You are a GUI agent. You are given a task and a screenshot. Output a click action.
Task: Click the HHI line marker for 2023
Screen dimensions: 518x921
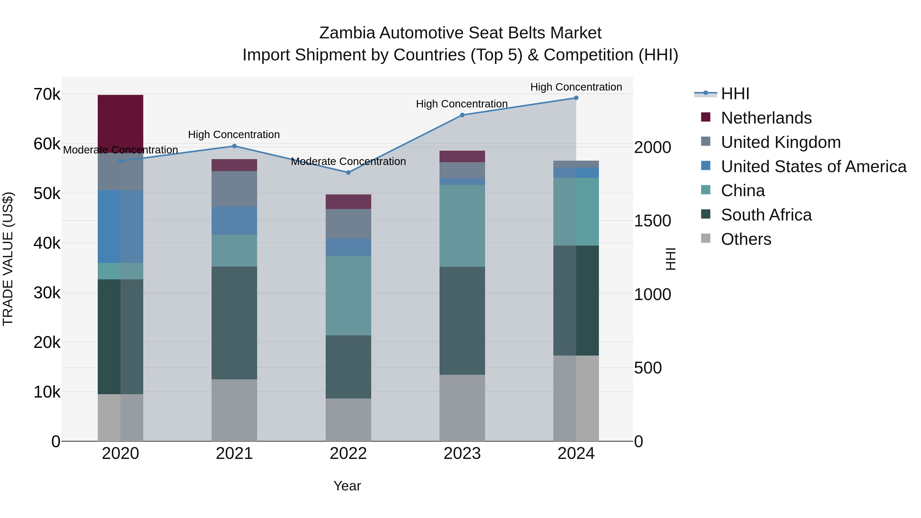click(x=462, y=115)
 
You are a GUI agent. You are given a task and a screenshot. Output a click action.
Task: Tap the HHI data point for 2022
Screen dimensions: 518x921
click(x=348, y=173)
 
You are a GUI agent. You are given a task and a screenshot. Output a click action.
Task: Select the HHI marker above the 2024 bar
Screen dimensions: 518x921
click(x=576, y=98)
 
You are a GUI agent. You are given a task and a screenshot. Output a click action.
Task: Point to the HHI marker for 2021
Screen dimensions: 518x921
click(x=234, y=146)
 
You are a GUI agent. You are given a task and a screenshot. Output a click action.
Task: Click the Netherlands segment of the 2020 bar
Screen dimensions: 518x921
click(x=120, y=123)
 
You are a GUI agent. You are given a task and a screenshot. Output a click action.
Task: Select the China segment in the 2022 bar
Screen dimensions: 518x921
click(x=348, y=296)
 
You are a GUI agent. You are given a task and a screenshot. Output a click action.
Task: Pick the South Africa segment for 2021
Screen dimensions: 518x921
click(x=234, y=323)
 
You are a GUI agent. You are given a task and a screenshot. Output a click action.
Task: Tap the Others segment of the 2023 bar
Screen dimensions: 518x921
click(x=462, y=408)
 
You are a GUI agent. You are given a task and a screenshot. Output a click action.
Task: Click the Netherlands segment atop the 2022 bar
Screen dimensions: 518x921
click(x=348, y=202)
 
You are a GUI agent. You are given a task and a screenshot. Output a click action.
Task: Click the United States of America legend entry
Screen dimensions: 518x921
click(x=813, y=167)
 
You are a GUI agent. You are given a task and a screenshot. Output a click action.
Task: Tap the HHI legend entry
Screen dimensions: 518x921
click(x=735, y=94)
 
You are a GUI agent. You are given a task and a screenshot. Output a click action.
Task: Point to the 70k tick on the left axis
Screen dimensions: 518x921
click(x=47, y=95)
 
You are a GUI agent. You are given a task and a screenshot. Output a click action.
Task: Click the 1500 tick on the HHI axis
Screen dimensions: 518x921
click(x=652, y=221)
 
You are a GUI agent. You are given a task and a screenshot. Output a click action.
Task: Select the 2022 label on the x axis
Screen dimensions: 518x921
click(x=348, y=454)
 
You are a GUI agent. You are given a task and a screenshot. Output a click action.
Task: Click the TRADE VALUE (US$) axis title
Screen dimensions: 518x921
click(x=8, y=259)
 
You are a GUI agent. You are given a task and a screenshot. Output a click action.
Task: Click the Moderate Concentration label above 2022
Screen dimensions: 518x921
click(x=348, y=162)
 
